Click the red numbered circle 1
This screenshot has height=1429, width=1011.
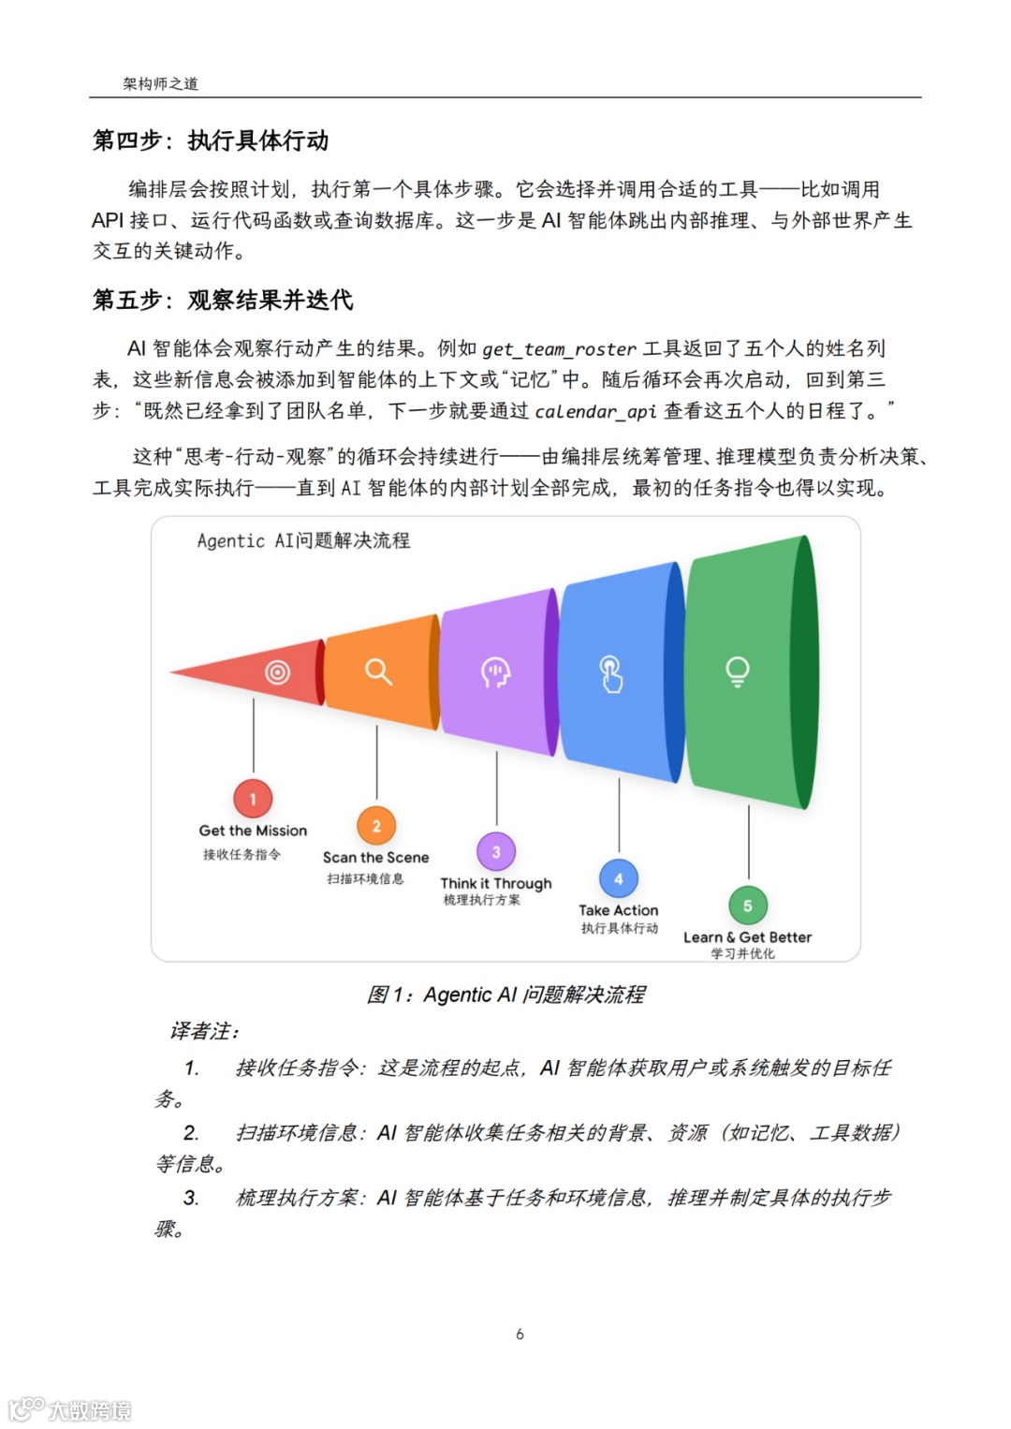pyautogui.click(x=253, y=799)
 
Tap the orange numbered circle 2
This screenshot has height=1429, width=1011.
pyautogui.click(x=376, y=825)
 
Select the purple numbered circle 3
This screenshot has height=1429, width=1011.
pyautogui.click(x=496, y=851)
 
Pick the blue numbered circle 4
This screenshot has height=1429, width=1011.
pyautogui.click(x=618, y=878)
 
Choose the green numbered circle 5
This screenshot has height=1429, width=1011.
pyautogui.click(x=747, y=906)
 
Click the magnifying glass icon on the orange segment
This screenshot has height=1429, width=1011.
pyautogui.click(x=378, y=671)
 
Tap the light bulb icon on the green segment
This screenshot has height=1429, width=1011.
pyautogui.click(x=738, y=671)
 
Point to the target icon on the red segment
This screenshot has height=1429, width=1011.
pyautogui.click(x=277, y=672)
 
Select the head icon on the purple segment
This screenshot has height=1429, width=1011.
pyautogui.click(x=495, y=671)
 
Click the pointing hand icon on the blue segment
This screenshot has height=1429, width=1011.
pyautogui.click(x=611, y=673)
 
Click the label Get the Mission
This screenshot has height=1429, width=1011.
pyautogui.click(x=253, y=831)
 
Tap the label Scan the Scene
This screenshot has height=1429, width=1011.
pyautogui.click(x=375, y=857)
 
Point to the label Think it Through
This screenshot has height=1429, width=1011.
pyautogui.click(x=496, y=883)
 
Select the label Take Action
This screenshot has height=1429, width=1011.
pyautogui.click(x=618, y=910)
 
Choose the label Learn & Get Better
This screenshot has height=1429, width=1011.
pyautogui.click(x=747, y=937)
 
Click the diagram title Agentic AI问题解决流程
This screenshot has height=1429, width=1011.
pyautogui.click(x=303, y=540)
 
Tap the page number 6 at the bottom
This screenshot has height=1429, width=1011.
pyautogui.click(x=520, y=1333)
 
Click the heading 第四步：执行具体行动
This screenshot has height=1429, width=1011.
pyautogui.click(x=211, y=140)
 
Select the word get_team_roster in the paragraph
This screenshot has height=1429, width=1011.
pyautogui.click(x=559, y=349)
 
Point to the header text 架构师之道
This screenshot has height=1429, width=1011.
pyautogui.click(x=160, y=83)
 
